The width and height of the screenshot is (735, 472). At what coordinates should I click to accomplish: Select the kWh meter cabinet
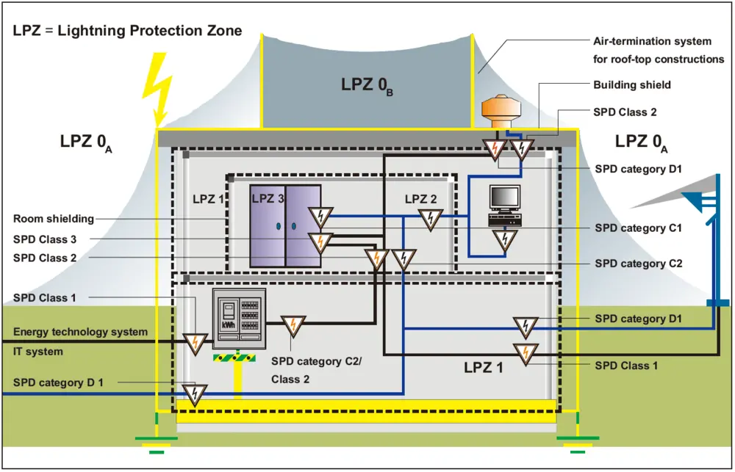click(239, 321)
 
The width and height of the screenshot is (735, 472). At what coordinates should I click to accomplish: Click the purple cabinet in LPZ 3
click(285, 225)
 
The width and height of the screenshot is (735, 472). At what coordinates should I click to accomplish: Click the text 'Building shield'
click(631, 85)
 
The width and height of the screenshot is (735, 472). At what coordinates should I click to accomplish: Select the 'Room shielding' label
click(54, 219)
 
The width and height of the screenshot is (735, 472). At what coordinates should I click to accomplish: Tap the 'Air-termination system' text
click(652, 41)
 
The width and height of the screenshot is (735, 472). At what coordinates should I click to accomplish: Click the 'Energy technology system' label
click(80, 333)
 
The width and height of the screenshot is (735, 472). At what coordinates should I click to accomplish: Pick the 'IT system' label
click(38, 352)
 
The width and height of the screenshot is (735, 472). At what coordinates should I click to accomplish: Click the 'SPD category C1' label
click(639, 228)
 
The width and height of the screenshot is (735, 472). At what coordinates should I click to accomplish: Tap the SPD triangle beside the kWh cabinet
click(293, 325)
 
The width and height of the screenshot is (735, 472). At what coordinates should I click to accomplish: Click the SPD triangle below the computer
click(504, 239)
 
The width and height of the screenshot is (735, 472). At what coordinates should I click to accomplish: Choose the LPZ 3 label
click(268, 199)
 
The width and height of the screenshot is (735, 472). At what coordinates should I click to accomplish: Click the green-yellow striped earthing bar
click(234, 358)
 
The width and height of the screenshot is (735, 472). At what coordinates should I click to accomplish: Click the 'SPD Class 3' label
click(45, 239)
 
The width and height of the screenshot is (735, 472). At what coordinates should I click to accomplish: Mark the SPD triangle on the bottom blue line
click(195, 394)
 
